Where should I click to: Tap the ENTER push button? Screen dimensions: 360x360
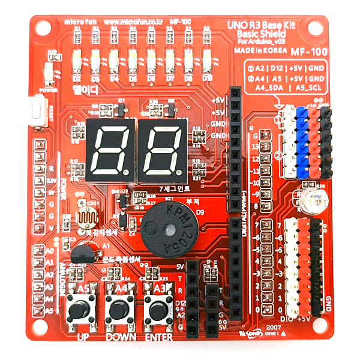(x=158, y=311)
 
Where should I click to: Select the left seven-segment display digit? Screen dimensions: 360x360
(x=110, y=149)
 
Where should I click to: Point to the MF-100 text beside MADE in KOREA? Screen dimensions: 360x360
(x=305, y=52)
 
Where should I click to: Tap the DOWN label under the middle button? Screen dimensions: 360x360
(x=119, y=337)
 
